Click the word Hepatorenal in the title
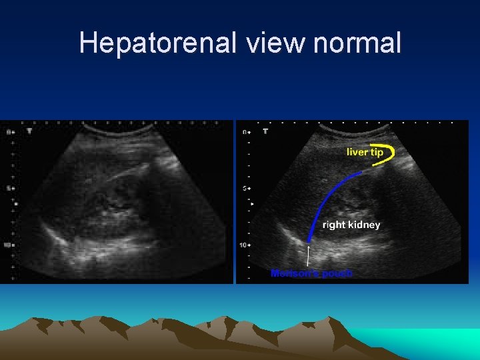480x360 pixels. [157, 43]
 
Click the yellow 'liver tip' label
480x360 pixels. [365, 152]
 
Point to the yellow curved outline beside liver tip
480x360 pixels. [389, 153]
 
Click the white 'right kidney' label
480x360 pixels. [351, 225]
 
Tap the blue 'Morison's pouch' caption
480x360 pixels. [311, 273]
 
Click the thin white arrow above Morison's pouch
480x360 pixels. [308, 257]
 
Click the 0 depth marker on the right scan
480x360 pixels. [245, 131]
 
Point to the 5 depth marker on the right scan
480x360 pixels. [245, 188]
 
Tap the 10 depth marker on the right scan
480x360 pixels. [244, 245]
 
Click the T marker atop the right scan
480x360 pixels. [265, 131]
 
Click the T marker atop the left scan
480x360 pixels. [29, 131]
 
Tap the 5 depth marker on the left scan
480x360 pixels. [9, 188]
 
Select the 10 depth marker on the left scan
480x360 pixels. [8, 245]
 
